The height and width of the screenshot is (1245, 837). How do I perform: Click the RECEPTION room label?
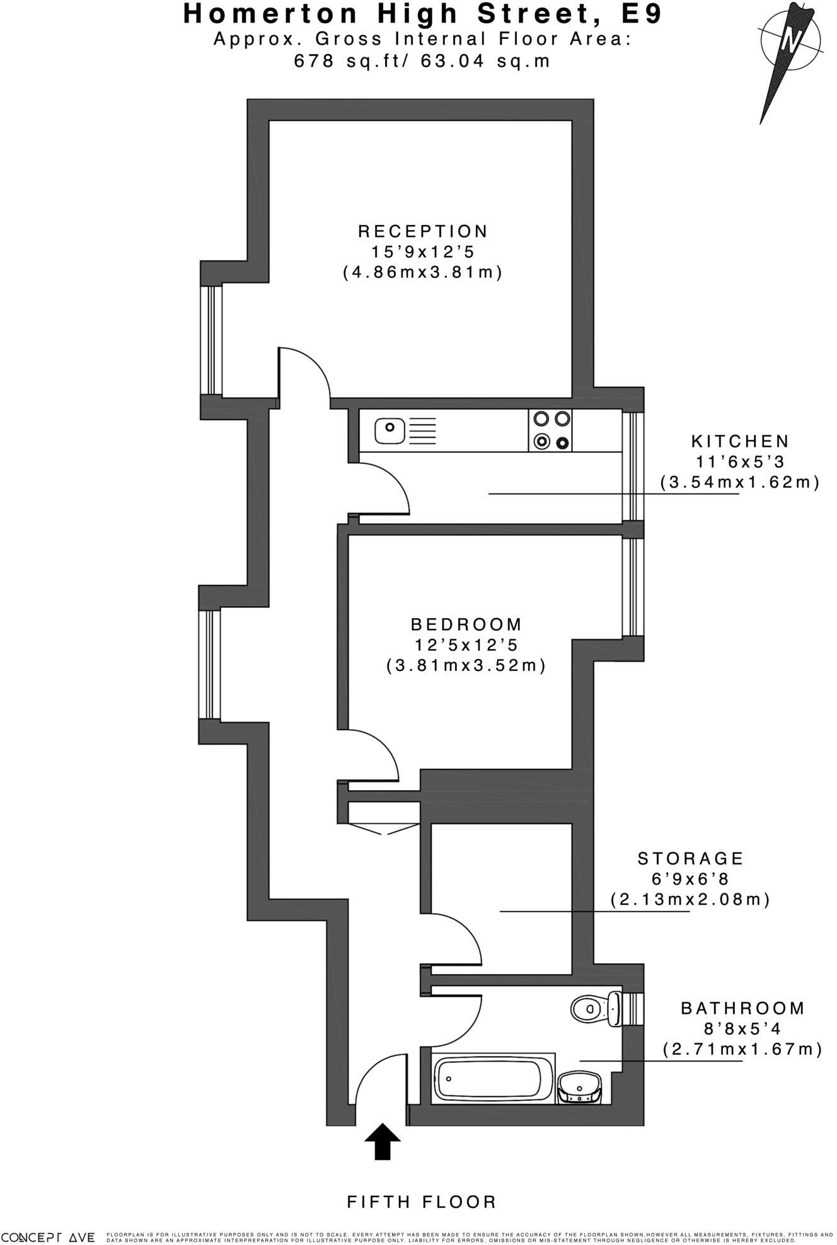(423, 231)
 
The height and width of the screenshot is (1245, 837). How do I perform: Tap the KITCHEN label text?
(740, 441)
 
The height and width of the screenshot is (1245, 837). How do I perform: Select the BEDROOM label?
(466, 624)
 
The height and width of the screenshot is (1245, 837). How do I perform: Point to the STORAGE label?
(691, 858)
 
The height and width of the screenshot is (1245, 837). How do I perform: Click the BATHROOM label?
(743, 1008)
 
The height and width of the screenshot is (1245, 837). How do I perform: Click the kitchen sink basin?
(390, 431)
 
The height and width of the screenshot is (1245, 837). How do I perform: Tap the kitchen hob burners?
(552, 431)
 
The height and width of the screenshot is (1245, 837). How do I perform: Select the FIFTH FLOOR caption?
(422, 1202)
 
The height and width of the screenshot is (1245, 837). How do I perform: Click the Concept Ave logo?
(48, 1237)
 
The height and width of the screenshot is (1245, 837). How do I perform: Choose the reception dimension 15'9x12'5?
(422, 252)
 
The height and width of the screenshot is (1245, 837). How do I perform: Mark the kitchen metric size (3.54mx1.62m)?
(740, 483)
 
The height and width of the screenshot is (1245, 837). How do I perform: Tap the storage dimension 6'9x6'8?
(691, 879)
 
